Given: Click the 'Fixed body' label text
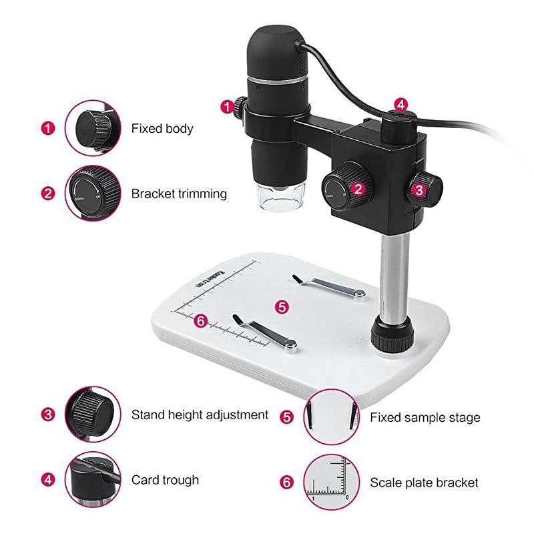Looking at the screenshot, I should pos(162,128).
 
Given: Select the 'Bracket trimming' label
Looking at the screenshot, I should pos(179,194).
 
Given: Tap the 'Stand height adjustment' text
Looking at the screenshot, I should pos(200,415).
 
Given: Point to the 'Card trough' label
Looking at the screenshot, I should pos(165,479).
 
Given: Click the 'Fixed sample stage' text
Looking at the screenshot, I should pos(425,418).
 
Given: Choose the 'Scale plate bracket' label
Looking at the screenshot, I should pos(424,482).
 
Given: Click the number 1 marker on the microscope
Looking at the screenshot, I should pos(228,105).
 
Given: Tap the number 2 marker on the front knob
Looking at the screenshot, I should pos(358,189).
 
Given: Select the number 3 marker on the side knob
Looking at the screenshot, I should pos(419,189).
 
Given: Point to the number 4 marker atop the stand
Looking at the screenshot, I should pos(400,104).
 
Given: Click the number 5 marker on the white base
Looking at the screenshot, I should pos(282,306).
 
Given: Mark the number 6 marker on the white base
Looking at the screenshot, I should pos(200,321).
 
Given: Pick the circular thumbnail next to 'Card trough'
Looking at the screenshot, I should pos(93,479).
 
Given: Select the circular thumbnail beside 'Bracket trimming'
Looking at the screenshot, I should pos(93,194).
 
